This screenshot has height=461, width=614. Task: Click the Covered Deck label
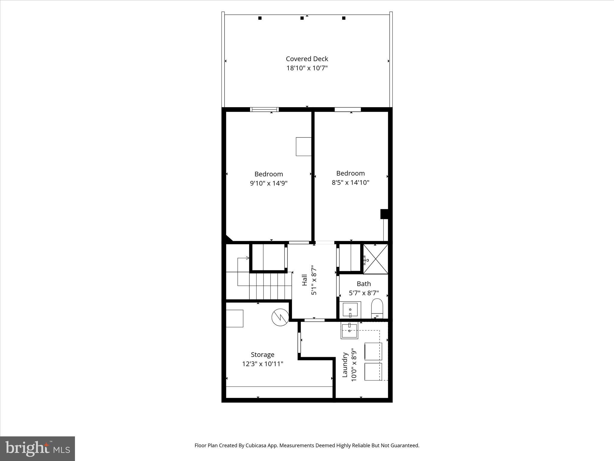coord(307,59)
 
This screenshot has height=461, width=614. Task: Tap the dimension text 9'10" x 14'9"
coord(269,183)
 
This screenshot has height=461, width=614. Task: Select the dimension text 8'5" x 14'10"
coord(350,182)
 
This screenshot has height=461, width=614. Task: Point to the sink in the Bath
coord(350,310)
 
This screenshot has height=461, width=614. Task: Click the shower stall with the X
coord(376,259)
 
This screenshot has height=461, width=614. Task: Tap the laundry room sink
coord(349,331)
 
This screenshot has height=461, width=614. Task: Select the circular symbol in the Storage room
coord(280,318)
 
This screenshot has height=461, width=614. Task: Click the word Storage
coord(262,354)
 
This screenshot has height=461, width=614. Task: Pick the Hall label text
coord(304,280)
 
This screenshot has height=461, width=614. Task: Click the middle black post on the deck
coord(302,18)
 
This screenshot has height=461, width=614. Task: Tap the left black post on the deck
coord(260,18)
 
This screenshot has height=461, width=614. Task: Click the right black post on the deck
coord(344,18)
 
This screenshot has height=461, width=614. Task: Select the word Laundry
coord(345,365)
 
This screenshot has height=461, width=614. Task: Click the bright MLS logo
coord(37,448)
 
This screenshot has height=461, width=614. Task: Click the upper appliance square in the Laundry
coord(373,351)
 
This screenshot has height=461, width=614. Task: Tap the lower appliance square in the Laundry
coord(373,372)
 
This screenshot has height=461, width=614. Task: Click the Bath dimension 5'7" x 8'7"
coord(364,293)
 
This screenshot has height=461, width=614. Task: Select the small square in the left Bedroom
coord(303,146)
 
